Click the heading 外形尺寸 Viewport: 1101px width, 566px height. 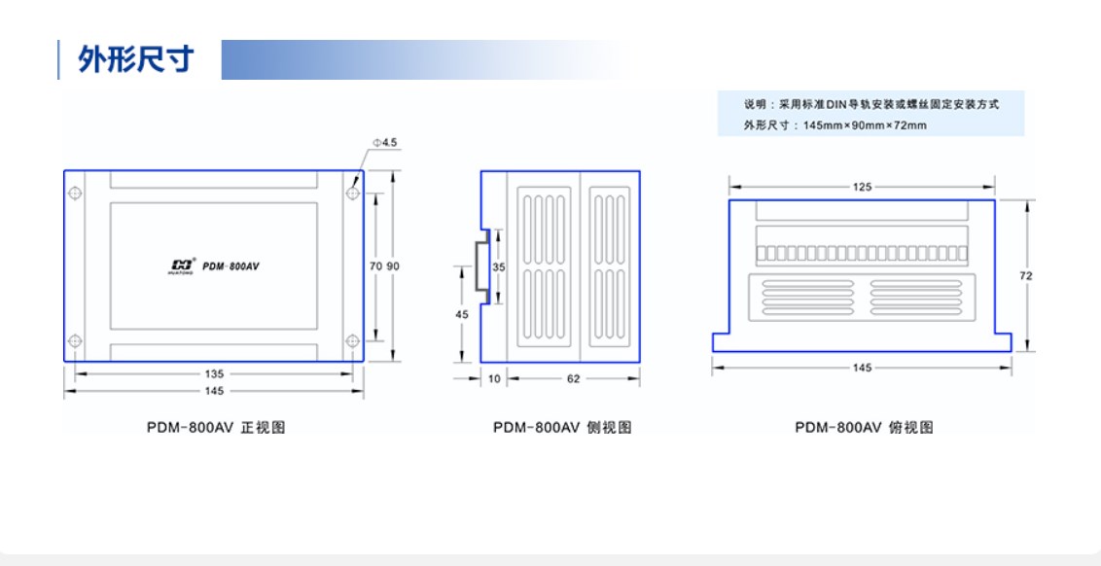(x=136, y=60)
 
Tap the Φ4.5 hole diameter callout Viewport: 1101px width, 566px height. (x=384, y=142)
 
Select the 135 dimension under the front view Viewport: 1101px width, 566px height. (x=214, y=373)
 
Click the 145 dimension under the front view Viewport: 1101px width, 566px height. (x=214, y=391)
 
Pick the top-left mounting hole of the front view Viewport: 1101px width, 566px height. (x=75, y=193)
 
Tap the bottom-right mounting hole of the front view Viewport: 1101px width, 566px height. (x=352, y=340)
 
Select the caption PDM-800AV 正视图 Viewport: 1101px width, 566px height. (x=215, y=427)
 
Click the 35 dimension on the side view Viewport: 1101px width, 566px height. (x=499, y=266)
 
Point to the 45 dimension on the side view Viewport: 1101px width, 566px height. (x=463, y=314)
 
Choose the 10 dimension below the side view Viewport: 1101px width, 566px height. (x=494, y=379)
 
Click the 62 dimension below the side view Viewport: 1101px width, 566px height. (x=573, y=379)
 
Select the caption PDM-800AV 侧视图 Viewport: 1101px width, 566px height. (x=561, y=427)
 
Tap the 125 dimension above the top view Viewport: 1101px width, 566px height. (x=862, y=187)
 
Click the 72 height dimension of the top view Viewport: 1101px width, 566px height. (x=1025, y=276)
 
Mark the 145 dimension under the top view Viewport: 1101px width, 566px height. (x=862, y=368)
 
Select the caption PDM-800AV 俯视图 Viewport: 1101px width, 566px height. (x=863, y=427)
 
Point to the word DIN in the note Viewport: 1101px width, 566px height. (x=837, y=104)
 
